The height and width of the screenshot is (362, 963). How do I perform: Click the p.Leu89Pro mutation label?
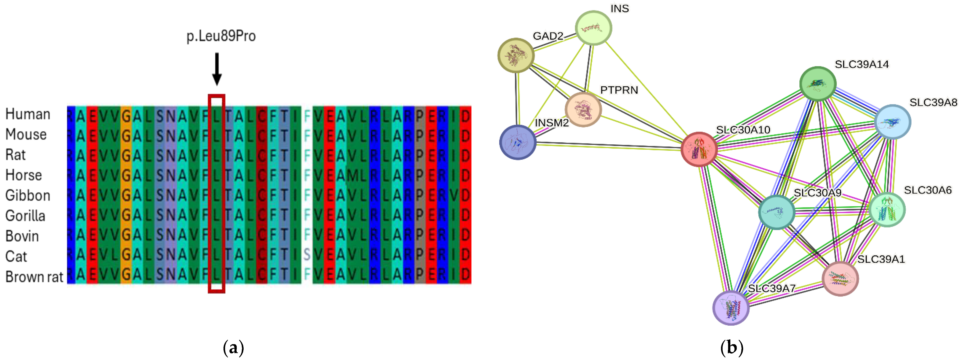click(x=221, y=36)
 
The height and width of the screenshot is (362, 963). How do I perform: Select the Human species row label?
click(x=28, y=114)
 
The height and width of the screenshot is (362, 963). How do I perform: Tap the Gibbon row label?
click(x=28, y=195)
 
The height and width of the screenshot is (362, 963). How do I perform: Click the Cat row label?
click(x=16, y=257)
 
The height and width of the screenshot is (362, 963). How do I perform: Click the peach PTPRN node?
click(x=583, y=110)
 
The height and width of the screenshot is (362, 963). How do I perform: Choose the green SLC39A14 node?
click(x=818, y=84)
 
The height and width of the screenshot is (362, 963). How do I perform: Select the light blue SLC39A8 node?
click(x=893, y=122)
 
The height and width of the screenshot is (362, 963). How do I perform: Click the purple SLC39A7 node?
click(x=731, y=308)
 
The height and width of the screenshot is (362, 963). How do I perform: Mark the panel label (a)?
click(x=233, y=348)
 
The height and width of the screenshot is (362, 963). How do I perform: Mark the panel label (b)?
click(x=732, y=348)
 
